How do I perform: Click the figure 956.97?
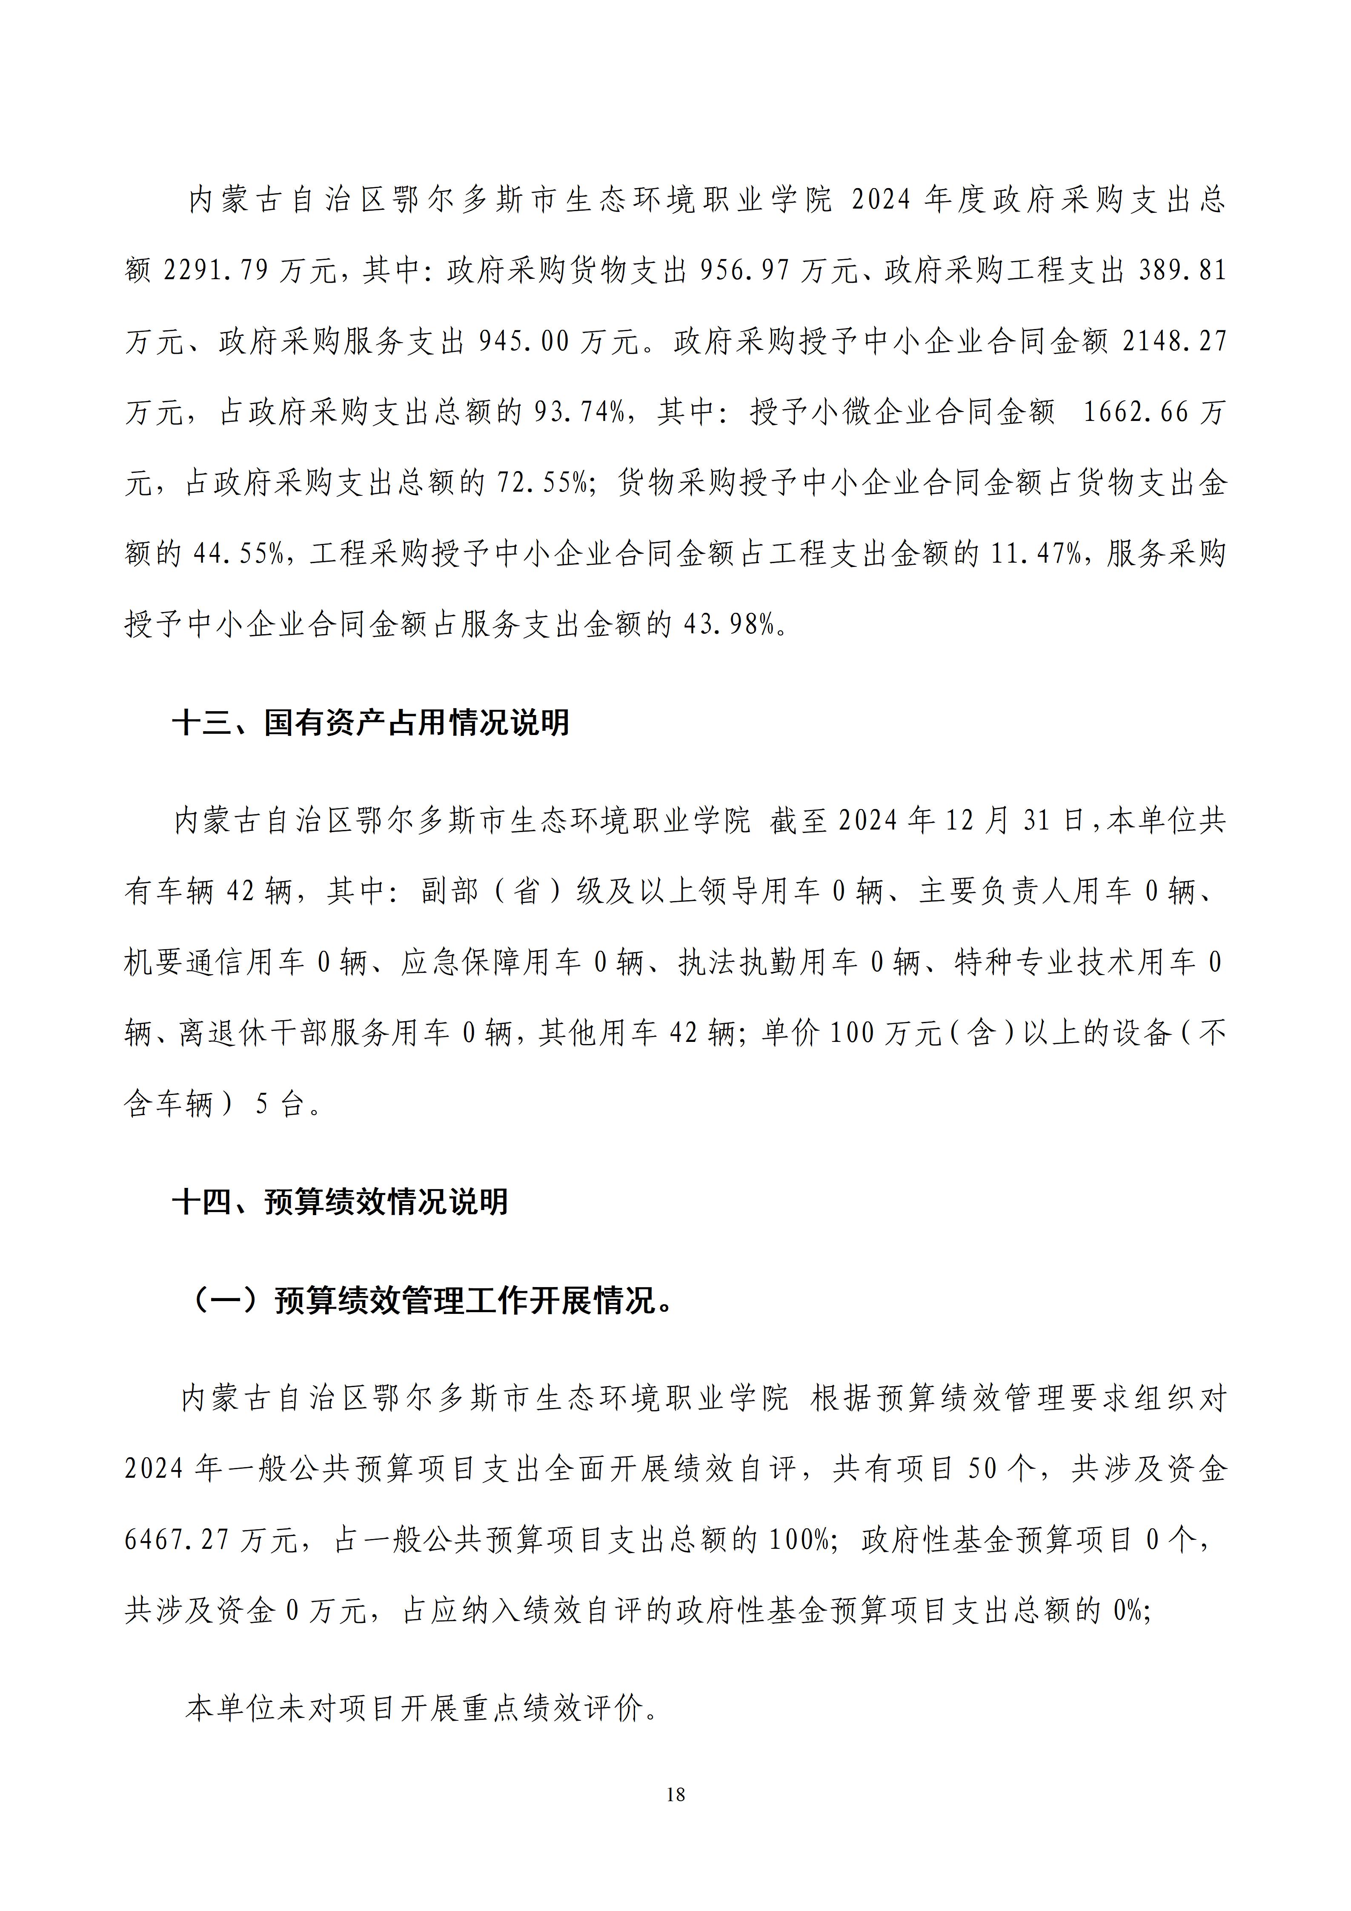(745, 271)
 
